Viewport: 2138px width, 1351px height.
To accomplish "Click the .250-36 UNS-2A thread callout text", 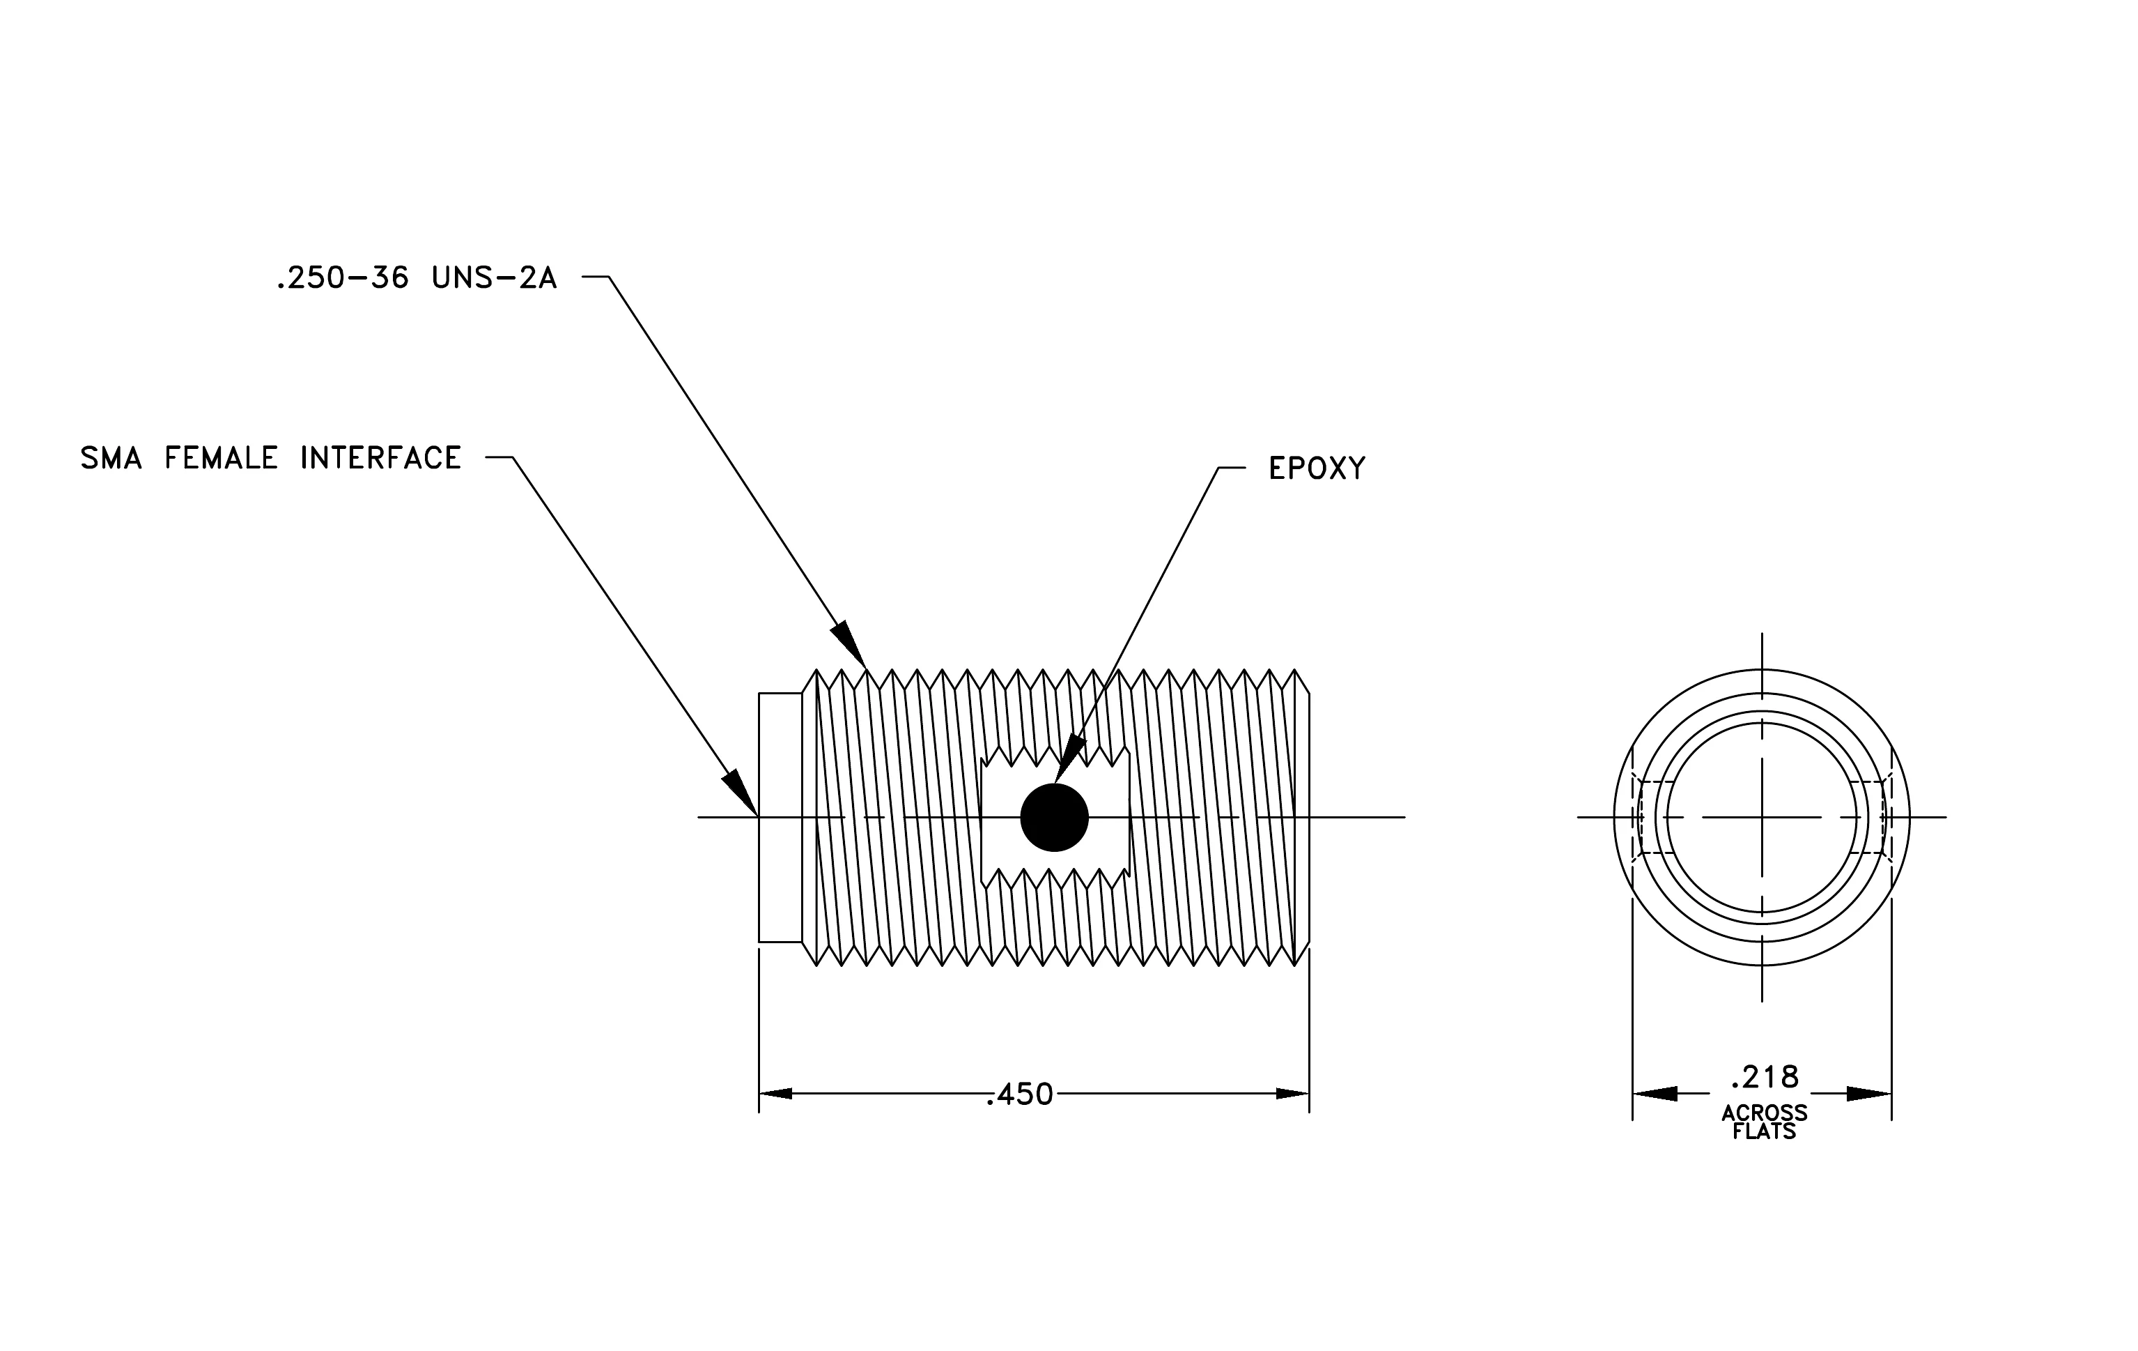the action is pos(417,278).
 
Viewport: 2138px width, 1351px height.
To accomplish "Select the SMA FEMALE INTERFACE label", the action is pos(271,458).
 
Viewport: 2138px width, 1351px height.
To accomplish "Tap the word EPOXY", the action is pos(1317,468).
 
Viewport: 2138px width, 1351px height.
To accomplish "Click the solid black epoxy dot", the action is pos(1054,817).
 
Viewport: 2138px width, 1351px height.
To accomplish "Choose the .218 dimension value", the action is pos(1764,1076).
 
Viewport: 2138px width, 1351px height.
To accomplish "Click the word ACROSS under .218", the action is pos(1764,1113).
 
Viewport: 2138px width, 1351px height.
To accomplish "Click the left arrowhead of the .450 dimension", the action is pos(775,1093).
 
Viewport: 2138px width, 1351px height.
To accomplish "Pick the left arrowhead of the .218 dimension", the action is pos(1655,1093).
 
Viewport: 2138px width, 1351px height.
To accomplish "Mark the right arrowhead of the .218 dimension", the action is pos(1869,1093).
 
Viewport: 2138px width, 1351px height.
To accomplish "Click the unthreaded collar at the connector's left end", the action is pos(780,817).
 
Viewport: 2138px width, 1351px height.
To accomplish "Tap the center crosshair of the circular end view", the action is pos(1762,817).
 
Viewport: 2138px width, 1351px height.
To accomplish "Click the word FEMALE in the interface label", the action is pos(221,458).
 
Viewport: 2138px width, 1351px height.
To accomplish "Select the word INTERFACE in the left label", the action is pos(381,458).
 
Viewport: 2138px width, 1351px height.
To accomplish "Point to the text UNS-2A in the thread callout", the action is pos(495,278).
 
